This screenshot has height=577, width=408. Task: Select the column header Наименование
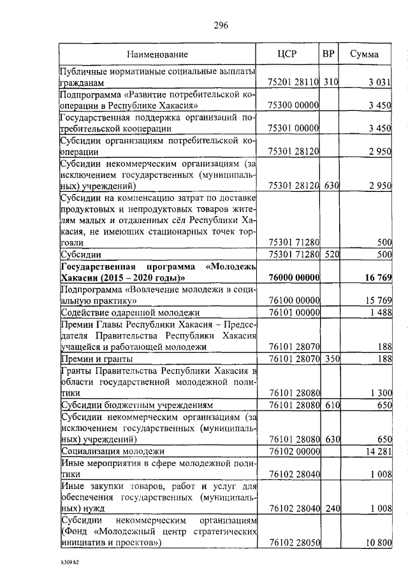tap(157, 55)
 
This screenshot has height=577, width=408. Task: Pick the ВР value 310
tap(329, 83)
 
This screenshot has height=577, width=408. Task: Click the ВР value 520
tap(329, 255)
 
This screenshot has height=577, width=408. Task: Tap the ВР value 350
tap(329, 359)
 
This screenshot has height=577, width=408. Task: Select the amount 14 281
tap(376, 451)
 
